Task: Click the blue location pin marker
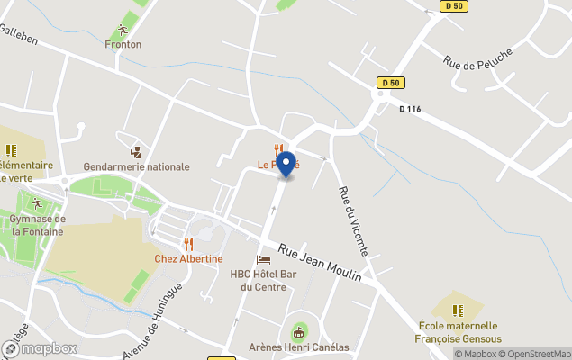(x=286, y=164)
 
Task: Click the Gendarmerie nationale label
(x=136, y=166)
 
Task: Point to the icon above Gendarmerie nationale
(x=136, y=151)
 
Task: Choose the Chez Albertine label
(x=188, y=259)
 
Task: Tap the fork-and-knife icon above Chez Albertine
(x=188, y=244)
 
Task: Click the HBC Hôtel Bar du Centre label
(x=264, y=281)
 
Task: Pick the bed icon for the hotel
(x=263, y=259)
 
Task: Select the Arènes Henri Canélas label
(x=298, y=347)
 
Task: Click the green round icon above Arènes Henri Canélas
(x=299, y=331)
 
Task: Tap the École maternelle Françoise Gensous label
(x=459, y=332)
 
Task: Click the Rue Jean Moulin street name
(x=319, y=263)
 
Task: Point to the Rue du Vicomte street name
(x=354, y=220)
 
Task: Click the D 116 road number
(x=410, y=109)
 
